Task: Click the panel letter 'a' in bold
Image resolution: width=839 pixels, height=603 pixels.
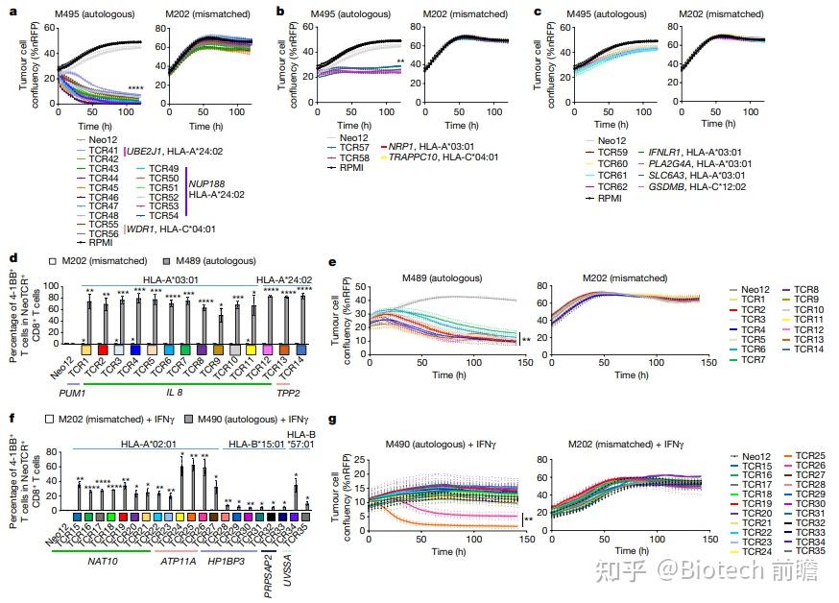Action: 12,12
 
